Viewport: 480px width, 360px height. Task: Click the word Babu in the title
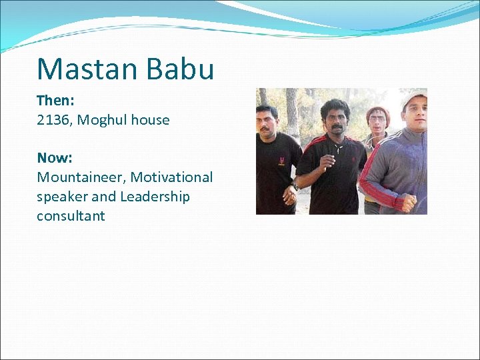pyautogui.click(x=181, y=69)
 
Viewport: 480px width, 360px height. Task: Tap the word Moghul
pyautogui.click(x=102, y=120)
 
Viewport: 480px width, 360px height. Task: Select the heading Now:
pyautogui.click(x=55, y=158)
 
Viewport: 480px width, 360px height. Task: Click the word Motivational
pyautogui.click(x=171, y=177)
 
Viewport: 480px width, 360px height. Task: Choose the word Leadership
pyautogui.click(x=155, y=197)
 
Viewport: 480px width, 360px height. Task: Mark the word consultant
pyautogui.click(x=71, y=216)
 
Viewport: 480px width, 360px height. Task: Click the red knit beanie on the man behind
pyautogui.click(x=378, y=112)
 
